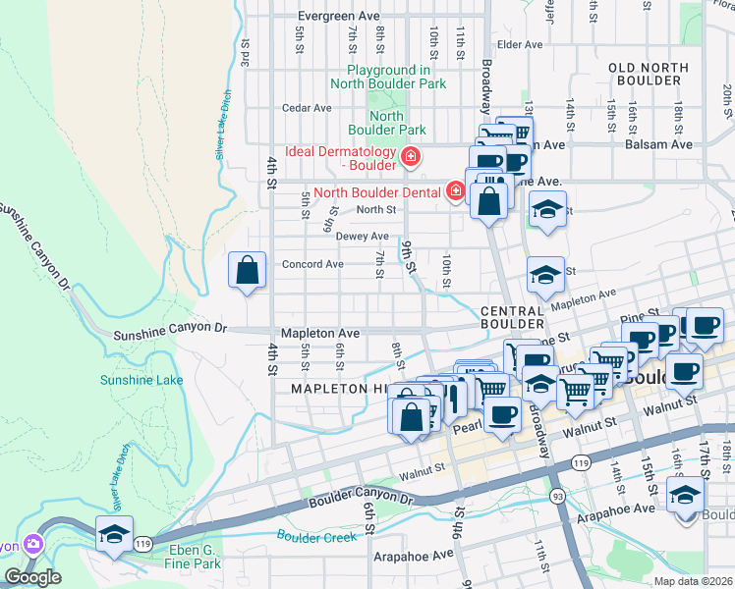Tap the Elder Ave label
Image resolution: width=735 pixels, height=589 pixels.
point(520,44)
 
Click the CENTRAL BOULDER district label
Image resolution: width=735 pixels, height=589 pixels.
point(512,317)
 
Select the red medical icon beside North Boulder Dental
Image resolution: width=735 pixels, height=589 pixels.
point(455,190)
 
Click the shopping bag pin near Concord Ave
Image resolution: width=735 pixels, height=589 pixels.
point(248,270)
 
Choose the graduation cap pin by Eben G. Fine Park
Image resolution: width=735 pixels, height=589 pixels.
point(114,534)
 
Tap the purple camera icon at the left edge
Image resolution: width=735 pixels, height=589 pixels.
point(33,544)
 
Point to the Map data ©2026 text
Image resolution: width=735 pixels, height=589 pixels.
point(693,581)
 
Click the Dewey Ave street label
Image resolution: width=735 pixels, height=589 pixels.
point(363,237)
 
